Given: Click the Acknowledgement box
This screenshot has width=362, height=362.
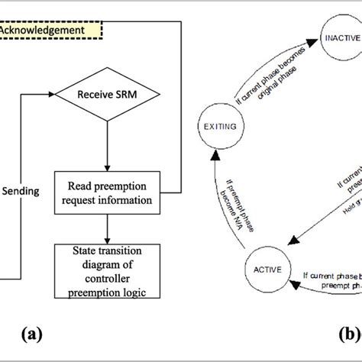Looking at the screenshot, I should (46, 31).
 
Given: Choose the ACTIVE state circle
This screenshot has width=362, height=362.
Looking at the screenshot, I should (263, 270).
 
